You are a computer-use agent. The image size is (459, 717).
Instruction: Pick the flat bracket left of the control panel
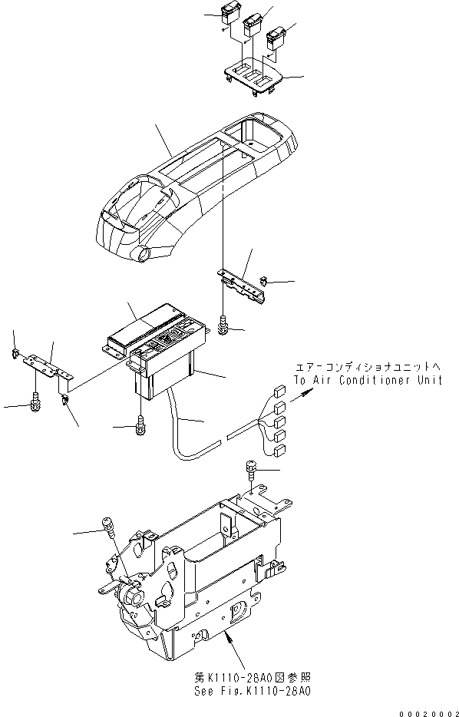coord(46,365)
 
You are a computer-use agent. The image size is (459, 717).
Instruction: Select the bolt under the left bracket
coord(35,400)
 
